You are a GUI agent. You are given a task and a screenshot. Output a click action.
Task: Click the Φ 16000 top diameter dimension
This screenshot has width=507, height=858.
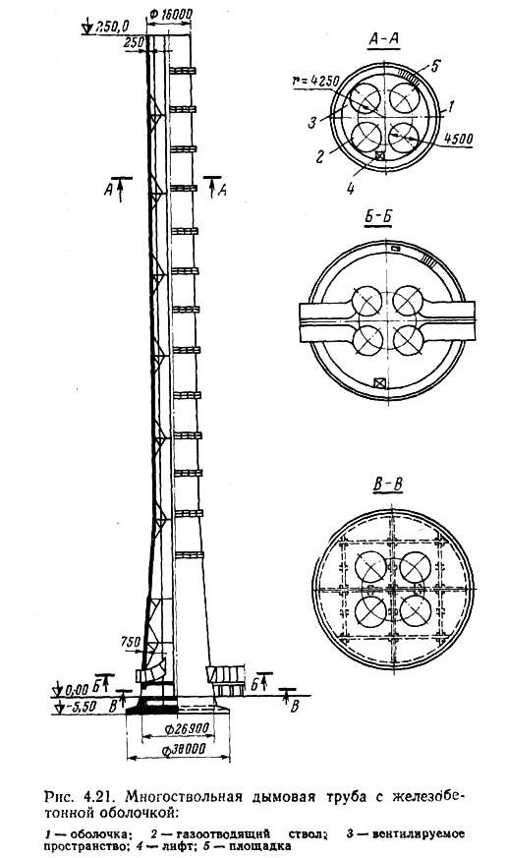coord(170,14)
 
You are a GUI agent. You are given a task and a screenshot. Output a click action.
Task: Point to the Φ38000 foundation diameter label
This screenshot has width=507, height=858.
coord(185,750)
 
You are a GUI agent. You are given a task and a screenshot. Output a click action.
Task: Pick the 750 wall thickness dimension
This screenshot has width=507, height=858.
coord(130,643)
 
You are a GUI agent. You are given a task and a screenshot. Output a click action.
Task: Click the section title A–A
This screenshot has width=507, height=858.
coord(384,39)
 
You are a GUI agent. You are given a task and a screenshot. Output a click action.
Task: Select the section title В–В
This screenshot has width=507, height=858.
coord(388,485)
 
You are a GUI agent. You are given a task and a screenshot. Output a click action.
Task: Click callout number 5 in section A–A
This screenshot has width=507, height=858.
coord(434,67)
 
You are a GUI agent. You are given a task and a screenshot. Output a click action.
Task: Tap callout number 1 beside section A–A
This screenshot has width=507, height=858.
coord(450,107)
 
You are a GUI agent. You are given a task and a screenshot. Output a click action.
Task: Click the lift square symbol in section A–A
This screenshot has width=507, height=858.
coord(380,155)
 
